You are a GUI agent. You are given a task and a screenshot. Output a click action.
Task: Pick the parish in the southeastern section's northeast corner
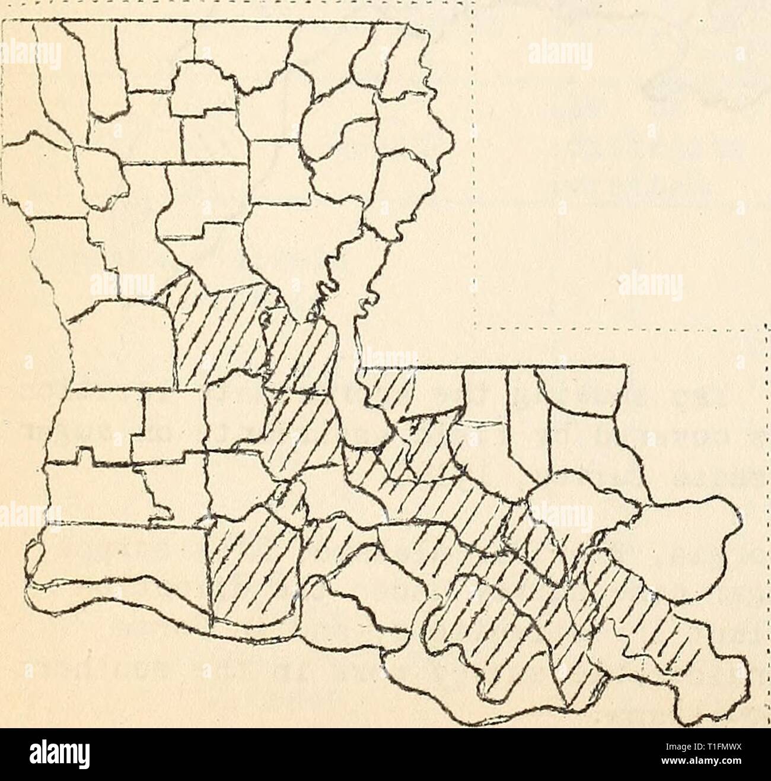[x=587, y=415]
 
